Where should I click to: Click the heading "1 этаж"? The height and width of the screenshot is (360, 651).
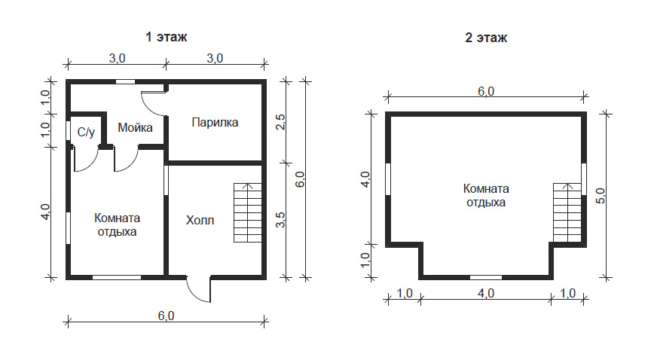(x=166, y=37)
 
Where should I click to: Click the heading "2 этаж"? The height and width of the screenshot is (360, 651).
(x=486, y=38)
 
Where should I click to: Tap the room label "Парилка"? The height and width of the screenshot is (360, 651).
(x=215, y=123)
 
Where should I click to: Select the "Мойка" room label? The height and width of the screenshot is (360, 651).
(x=135, y=127)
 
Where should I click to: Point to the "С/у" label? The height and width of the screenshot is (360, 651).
(x=86, y=132)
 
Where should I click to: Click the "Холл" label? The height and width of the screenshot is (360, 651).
(x=200, y=220)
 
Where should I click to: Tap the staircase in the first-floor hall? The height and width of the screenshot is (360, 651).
(x=248, y=212)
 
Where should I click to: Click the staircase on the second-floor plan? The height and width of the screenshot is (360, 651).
(x=567, y=212)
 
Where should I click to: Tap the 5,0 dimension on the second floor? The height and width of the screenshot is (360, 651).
(x=601, y=195)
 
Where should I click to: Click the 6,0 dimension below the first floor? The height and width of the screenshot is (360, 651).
(x=166, y=316)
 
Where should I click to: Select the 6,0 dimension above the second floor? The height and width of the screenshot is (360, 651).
(x=486, y=91)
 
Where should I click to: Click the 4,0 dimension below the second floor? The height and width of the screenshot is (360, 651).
(x=486, y=293)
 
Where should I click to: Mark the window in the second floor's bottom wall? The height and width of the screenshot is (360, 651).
(x=486, y=277)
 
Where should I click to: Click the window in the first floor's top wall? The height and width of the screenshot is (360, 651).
(x=125, y=82)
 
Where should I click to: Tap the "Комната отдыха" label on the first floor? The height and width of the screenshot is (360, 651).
(x=117, y=224)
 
